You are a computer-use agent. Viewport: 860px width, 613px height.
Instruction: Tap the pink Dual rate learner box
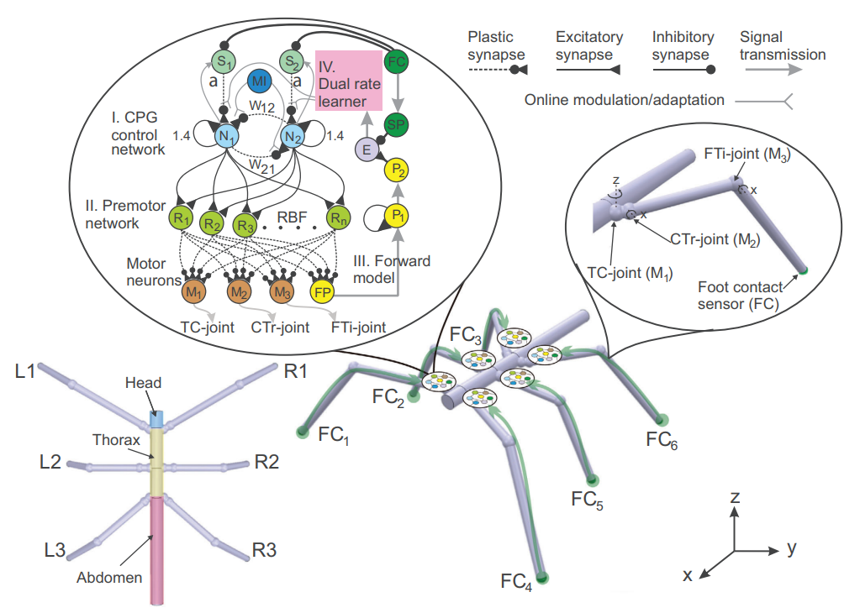pos(349,80)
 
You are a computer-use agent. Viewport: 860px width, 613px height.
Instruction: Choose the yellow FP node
pos(322,291)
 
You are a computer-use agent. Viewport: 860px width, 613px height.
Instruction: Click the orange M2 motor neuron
pos(239,291)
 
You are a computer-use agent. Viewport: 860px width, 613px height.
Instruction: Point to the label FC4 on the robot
pos(516,580)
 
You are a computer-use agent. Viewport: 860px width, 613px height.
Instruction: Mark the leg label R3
pos(264,551)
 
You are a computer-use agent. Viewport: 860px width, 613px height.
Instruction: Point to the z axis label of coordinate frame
pos(735,498)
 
